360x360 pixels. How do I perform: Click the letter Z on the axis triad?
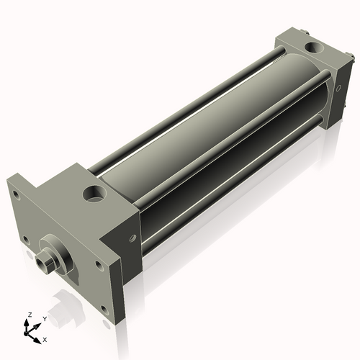[x=30, y=315]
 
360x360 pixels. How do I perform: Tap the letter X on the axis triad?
[x=45, y=340]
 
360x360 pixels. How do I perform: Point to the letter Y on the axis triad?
[x=45, y=319]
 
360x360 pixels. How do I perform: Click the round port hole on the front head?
[x=94, y=194]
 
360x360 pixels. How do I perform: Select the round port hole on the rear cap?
[x=314, y=47]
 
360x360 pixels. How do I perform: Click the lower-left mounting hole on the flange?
[x=26, y=240]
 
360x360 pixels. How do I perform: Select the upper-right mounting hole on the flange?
[x=99, y=265]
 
